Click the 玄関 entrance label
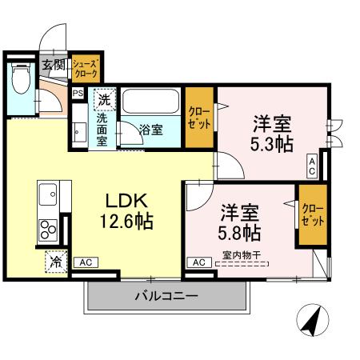coord(54,65)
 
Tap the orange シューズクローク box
coord(85,68)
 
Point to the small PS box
coord(78,94)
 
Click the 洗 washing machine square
coord(103,100)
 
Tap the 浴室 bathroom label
coord(150,129)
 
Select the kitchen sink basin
coord(46,194)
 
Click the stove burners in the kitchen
coord(47,230)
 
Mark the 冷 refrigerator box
coord(57,261)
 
